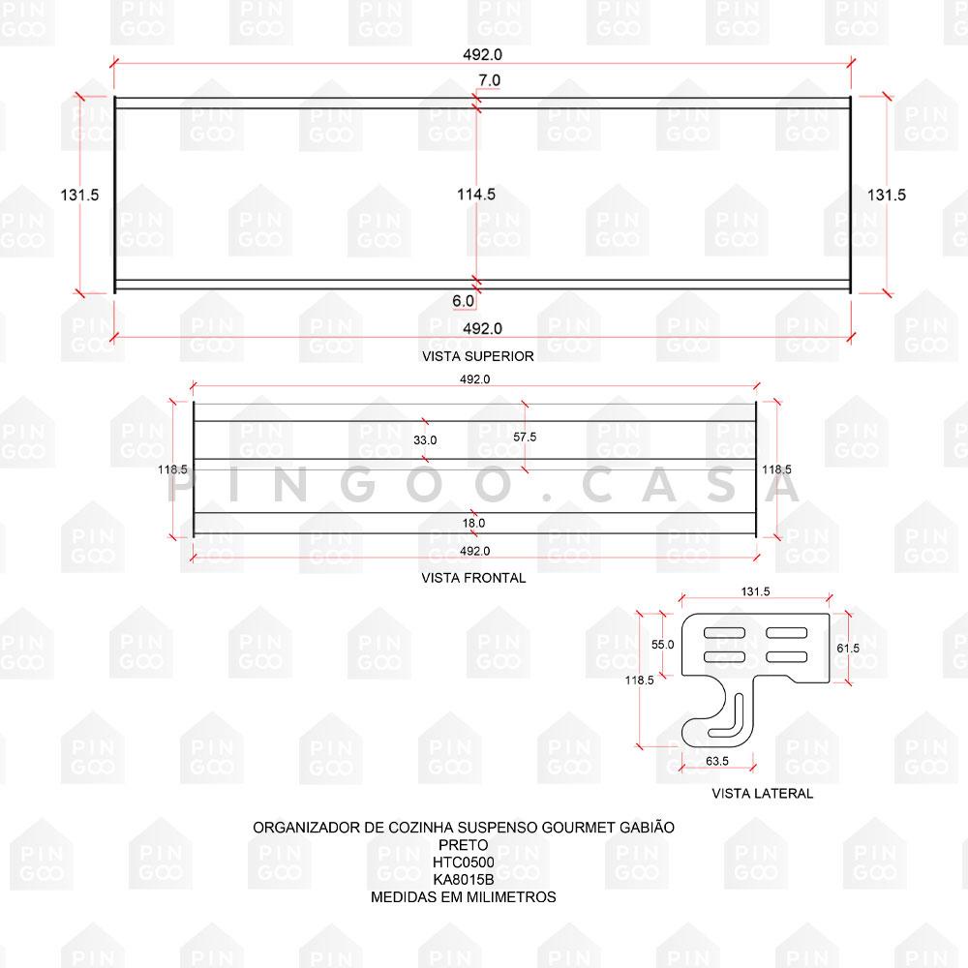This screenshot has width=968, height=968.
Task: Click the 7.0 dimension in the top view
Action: pyautogui.click(x=489, y=79)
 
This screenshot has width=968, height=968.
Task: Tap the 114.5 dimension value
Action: pyautogui.click(x=476, y=195)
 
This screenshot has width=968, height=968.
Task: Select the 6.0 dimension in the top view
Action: pyautogui.click(x=463, y=301)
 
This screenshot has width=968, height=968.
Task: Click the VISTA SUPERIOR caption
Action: pyautogui.click(x=478, y=356)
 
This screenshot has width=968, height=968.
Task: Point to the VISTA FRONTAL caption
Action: pyautogui.click(x=473, y=578)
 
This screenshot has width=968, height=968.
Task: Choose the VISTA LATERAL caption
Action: pyautogui.click(x=763, y=794)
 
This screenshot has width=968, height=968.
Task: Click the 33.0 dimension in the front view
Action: pyautogui.click(x=425, y=439)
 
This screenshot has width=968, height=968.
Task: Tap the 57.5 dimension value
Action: pyautogui.click(x=525, y=438)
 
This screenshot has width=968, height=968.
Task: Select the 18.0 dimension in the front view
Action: pyautogui.click(x=473, y=523)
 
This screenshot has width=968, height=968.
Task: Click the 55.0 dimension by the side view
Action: pyautogui.click(x=662, y=644)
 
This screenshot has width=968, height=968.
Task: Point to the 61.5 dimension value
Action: pyautogui.click(x=847, y=648)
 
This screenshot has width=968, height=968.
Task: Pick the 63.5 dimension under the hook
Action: pyautogui.click(x=717, y=762)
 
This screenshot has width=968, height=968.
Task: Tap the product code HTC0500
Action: pyautogui.click(x=464, y=862)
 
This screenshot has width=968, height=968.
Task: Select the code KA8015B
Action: pyautogui.click(x=464, y=880)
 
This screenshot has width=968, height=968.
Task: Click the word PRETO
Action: pyautogui.click(x=464, y=845)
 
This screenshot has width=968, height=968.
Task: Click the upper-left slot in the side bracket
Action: pyautogui.click(x=725, y=633)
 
